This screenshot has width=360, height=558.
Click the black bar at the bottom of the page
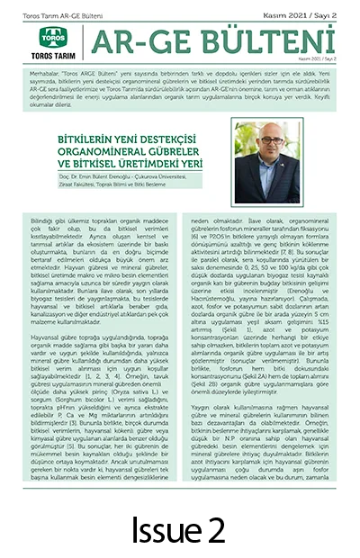pos(180,524)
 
